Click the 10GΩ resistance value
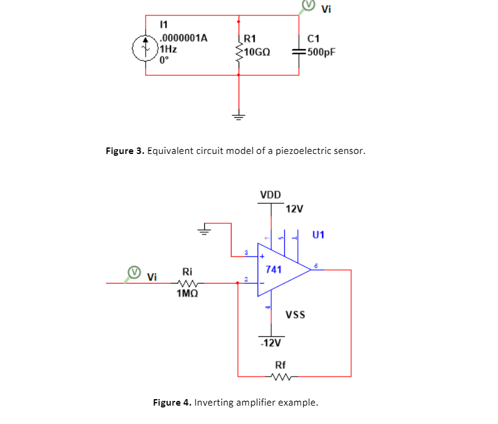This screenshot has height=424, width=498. [257, 52]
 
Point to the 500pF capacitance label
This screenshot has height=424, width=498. [321, 52]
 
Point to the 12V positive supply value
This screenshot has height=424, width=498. [294, 208]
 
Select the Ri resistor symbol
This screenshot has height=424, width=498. [188, 283]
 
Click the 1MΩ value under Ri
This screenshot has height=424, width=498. [188, 293]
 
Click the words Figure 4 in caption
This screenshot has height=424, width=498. [172, 403]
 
